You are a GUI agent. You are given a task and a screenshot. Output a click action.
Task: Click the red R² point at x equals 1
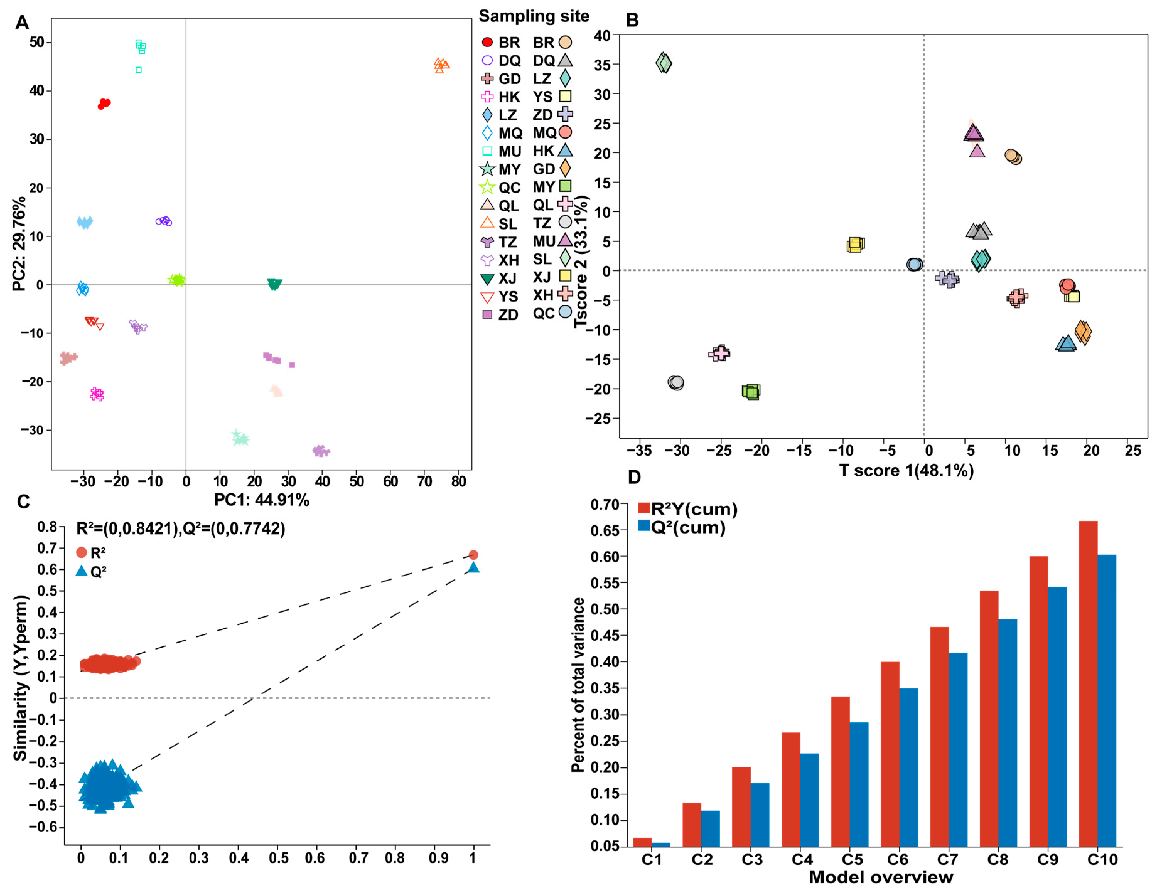473,555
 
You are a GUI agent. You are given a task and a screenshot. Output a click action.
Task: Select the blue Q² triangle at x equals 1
473,568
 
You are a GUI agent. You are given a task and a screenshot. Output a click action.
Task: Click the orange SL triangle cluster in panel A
440,65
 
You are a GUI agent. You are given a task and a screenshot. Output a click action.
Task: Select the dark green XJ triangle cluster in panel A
274,284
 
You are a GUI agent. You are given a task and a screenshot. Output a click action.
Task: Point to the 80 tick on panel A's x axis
459,481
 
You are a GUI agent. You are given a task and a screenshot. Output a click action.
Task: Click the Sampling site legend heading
534,16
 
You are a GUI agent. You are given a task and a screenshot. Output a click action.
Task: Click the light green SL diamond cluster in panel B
664,63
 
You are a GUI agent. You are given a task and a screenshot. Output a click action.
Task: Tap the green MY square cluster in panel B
751,392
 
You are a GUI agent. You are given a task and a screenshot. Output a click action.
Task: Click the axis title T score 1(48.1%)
906,470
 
